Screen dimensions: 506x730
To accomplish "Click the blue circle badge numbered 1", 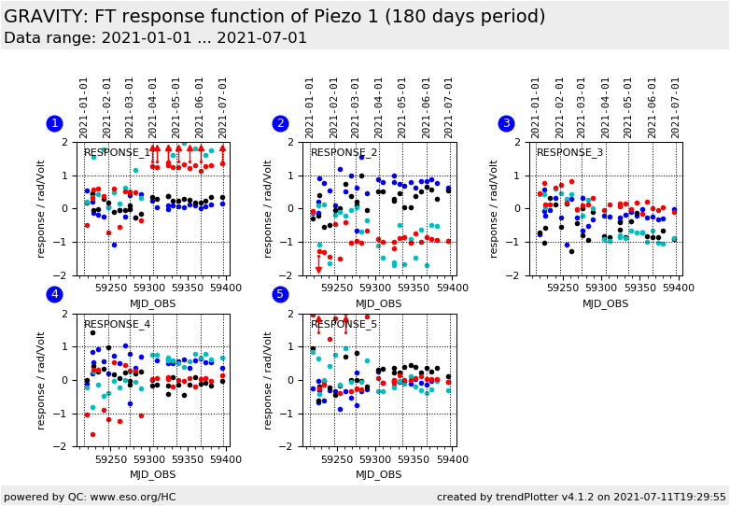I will [54, 123].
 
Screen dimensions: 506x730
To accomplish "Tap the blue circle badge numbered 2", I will [280, 123].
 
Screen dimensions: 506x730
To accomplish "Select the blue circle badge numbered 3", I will [507, 123].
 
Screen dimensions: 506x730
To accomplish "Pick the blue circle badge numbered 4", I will [54, 295].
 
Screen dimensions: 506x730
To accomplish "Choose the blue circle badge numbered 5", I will [280, 295].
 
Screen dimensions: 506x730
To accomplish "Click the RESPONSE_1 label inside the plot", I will [117, 153].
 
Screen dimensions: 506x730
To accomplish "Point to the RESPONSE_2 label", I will [344, 153].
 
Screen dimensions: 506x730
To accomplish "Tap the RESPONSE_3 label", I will [569, 153].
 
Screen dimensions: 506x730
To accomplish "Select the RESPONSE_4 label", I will [117, 325].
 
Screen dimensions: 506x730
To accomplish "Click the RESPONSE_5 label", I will [344, 325].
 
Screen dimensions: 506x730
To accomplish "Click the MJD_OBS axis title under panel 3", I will [605, 303].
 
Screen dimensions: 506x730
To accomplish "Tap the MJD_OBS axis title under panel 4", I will [152, 475].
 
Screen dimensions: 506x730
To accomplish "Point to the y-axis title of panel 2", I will [268, 208].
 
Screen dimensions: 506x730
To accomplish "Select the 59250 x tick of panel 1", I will [110, 287].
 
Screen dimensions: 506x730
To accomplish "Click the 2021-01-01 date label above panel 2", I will [311, 107].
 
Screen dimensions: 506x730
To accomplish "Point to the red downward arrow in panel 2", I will [318, 270].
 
